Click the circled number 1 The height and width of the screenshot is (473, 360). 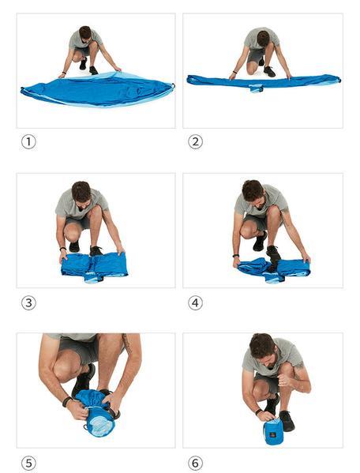tap(28, 142)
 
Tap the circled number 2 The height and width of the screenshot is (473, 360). tap(195, 142)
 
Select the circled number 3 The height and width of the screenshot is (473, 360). tap(28, 303)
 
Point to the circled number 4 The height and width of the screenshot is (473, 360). tap(195, 303)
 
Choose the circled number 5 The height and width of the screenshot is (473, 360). tap(28, 464)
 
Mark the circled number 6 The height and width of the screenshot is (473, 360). tap(195, 464)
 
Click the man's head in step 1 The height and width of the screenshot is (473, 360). tap(85, 33)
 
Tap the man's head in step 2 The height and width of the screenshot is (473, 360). tap(263, 38)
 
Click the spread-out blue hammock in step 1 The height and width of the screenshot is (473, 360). tap(98, 88)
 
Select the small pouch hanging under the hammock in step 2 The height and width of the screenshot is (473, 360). tap(256, 88)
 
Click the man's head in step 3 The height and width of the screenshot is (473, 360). tap(81, 193)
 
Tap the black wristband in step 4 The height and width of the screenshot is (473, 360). tap(236, 256)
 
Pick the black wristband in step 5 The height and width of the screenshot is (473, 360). tap(66, 401)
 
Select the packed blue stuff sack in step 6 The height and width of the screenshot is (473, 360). tap(273, 431)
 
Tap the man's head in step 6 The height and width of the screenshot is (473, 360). tap(263, 347)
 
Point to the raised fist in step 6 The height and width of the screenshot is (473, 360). tap(285, 380)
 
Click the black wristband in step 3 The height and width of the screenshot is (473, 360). tap(62, 249)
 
